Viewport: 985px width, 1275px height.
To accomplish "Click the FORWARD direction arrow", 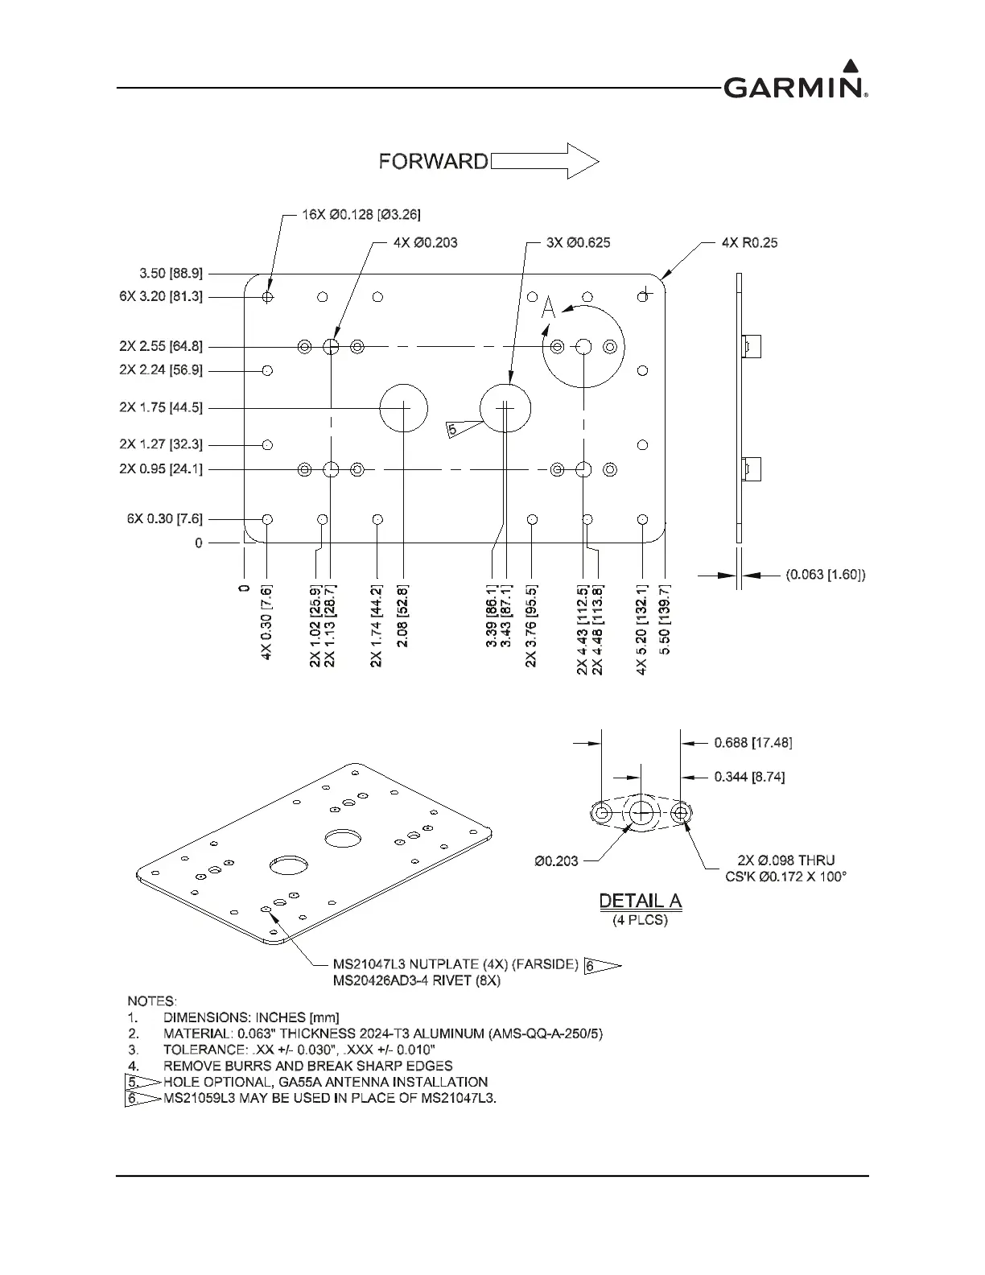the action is point(545,161).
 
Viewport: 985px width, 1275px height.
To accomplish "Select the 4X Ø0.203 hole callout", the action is point(426,242).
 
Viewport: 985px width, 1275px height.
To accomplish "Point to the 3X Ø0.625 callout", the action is point(578,242).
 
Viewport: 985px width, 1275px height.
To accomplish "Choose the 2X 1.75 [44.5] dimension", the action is point(161,407).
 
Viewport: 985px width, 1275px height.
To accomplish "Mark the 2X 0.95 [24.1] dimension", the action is point(161,469).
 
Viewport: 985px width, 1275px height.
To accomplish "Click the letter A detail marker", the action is point(549,307).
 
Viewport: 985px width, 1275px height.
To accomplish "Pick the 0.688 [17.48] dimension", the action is point(752,743).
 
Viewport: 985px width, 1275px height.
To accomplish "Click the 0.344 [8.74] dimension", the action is point(749,777).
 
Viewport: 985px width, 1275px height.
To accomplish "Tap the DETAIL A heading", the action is point(641,902).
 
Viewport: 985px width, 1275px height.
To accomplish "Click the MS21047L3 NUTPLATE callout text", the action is point(455,964).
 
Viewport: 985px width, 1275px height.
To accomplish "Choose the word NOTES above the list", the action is point(151,1001).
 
